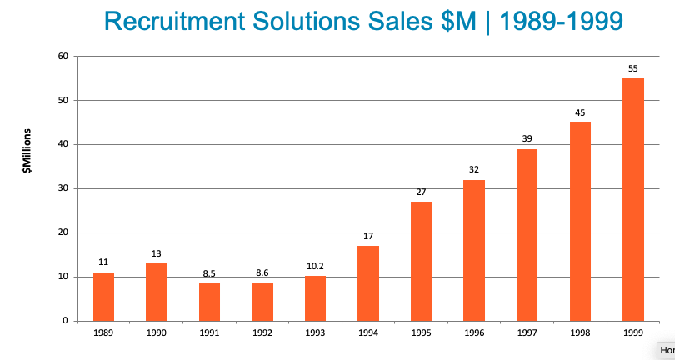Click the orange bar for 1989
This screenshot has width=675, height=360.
pos(103,297)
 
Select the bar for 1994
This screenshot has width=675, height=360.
pos(368,283)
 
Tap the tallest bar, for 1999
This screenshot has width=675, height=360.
pos(633,200)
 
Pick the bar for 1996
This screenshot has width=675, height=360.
pos(474,250)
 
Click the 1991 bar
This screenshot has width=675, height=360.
pos(209,302)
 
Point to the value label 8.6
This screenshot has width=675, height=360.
pos(262,272)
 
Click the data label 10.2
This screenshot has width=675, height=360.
pos(316,266)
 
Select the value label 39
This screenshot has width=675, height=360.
pos(527,137)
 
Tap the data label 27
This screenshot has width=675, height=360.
pos(422,192)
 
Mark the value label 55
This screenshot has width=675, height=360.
pos(633,67)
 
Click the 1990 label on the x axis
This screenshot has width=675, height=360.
pos(157,332)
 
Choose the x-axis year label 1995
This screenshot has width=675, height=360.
pos(422,332)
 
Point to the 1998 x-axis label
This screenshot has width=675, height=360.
pos(581,332)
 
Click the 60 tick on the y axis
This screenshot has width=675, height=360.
pos(62,57)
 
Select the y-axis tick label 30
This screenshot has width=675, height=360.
pos(62,188)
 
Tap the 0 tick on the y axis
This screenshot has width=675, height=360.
pos(65,321)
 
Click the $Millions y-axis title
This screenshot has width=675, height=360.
pos(27,151)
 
